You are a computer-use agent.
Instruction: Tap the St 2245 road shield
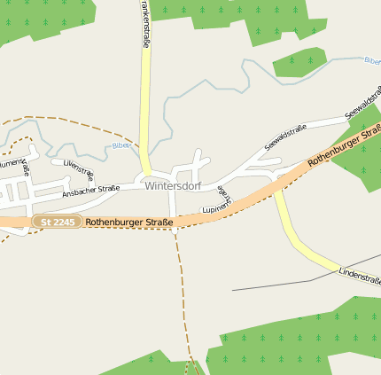(58, 221)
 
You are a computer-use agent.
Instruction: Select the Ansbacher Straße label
(90, 191)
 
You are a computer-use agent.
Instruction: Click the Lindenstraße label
(359, 277)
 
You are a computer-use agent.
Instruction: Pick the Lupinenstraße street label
(222, 200)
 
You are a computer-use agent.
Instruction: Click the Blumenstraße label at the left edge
(15, 166)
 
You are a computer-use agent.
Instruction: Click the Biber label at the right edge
(371, 60)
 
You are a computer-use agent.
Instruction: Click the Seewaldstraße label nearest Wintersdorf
(285, 137)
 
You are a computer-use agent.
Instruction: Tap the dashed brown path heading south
(183, 293)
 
